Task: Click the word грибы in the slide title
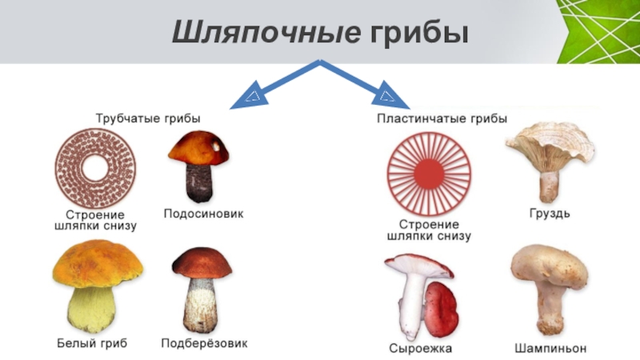click(418, 34)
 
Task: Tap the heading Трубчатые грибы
click(148, 118)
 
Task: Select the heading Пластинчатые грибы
click(442, 118)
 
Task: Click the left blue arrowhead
click(250, 96)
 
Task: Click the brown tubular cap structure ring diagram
click(95, 169)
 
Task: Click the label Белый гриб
click(92, 343)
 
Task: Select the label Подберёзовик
click(204, 343)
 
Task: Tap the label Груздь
click(550, 214)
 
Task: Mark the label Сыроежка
click(420, 349)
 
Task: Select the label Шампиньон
click(550, 349)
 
